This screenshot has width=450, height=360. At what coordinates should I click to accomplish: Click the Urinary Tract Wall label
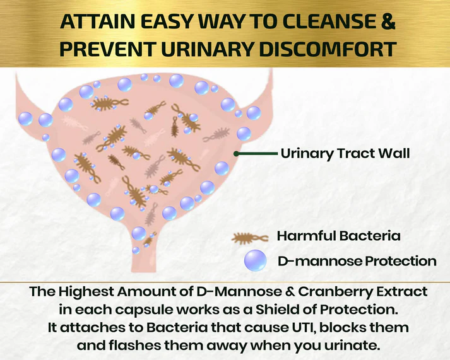(345, 153)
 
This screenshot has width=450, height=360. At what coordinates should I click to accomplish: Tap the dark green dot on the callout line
(236, 153)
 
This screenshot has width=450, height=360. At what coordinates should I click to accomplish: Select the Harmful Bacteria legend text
(339, 237)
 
